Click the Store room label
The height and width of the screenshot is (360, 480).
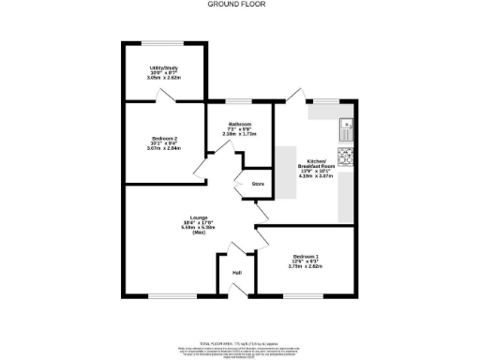(257, 184)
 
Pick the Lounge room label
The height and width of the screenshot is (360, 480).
(199, 217)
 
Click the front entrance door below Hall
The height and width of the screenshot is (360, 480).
(238, 292)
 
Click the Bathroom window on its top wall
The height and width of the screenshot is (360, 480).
(237, 101)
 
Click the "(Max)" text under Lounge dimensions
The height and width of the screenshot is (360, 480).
(199, 232)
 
